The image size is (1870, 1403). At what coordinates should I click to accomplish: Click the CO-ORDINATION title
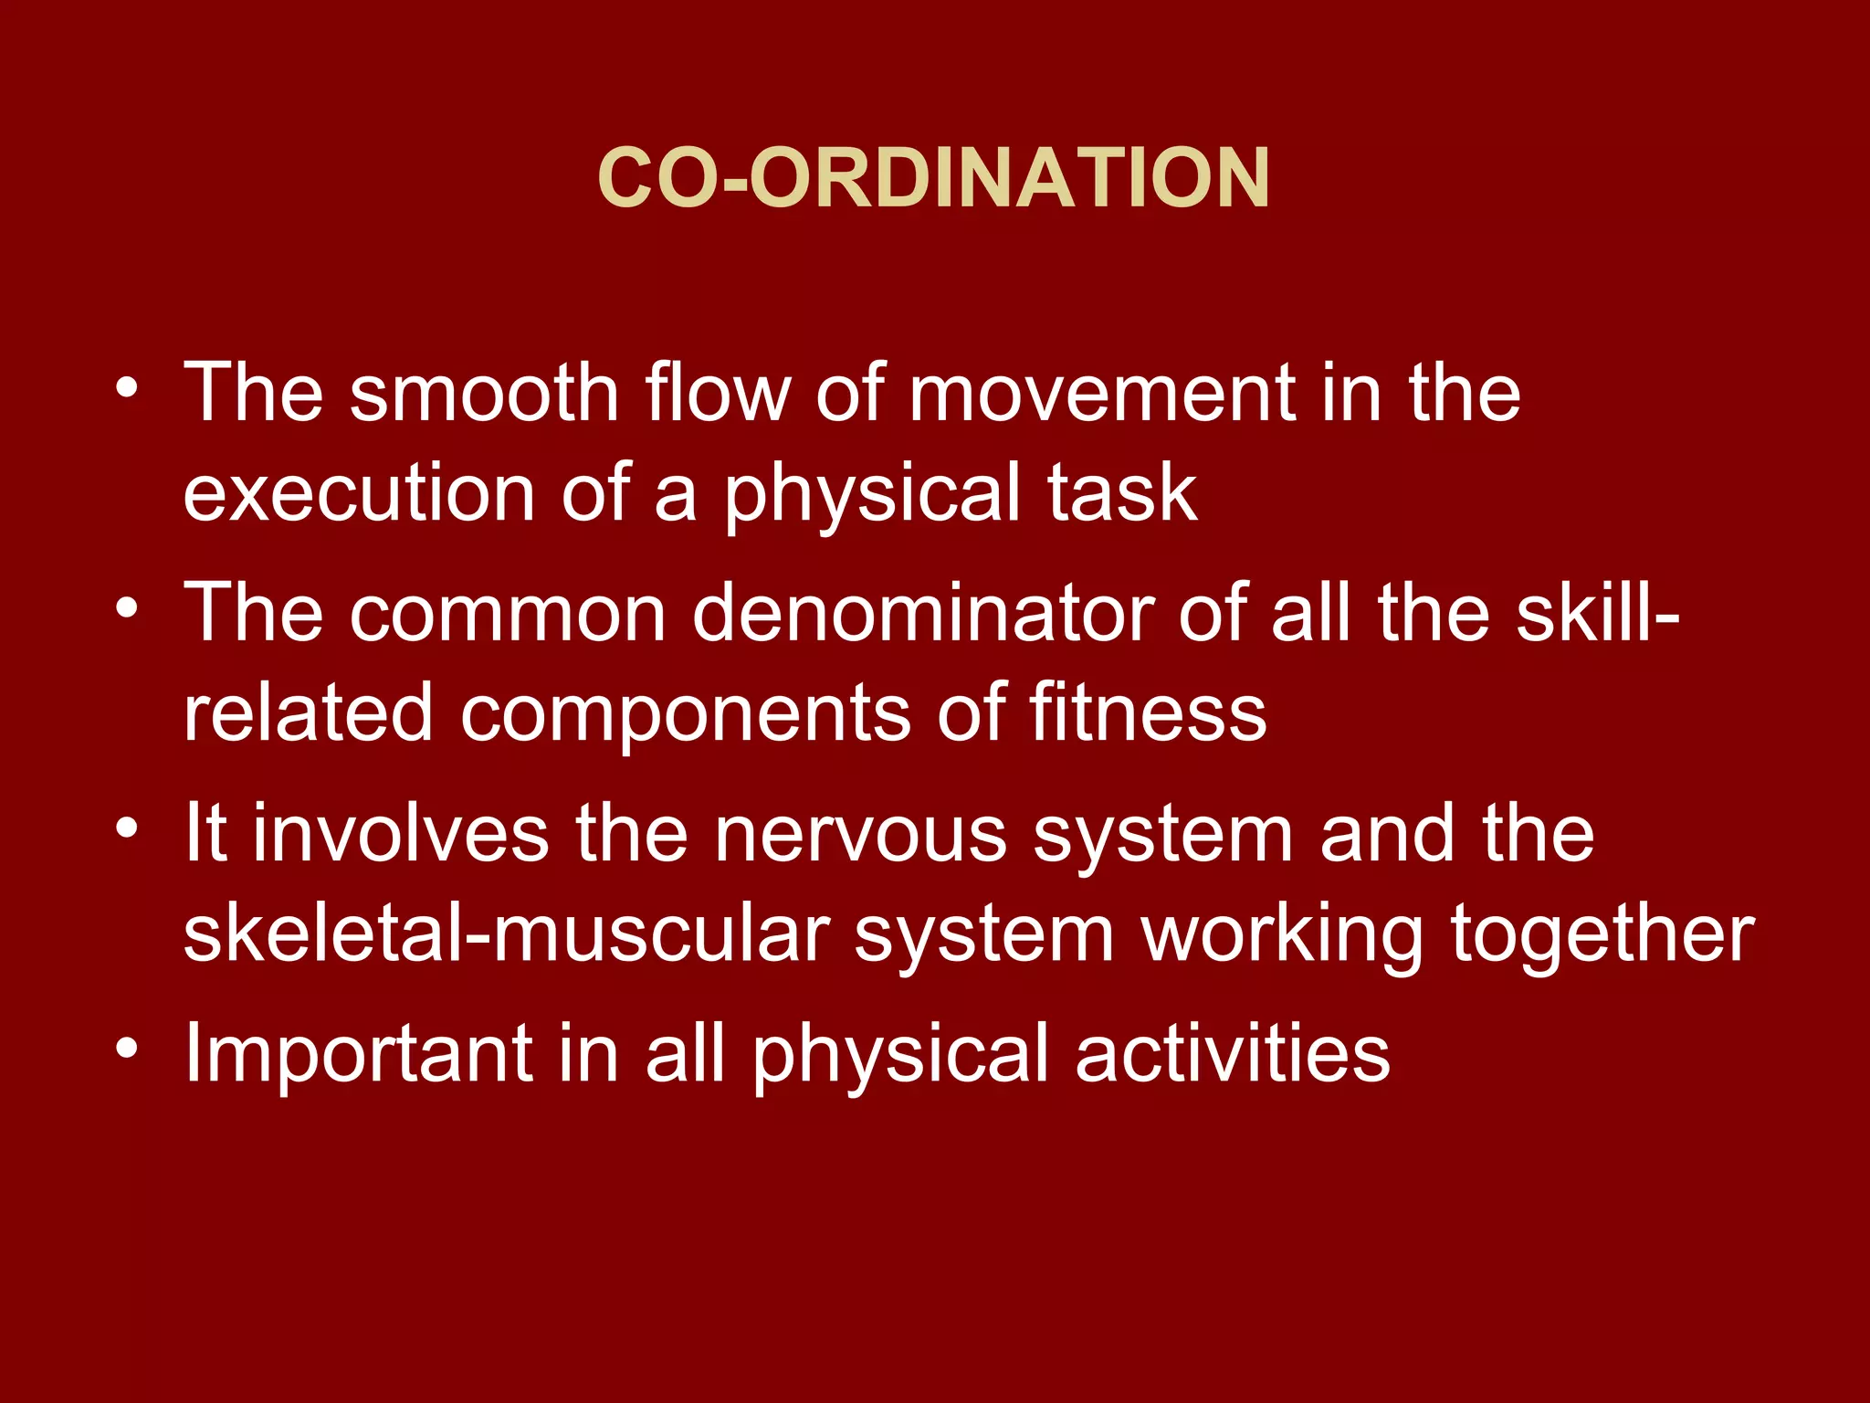[x=933, y=178]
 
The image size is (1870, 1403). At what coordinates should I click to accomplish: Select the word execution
[x=359, y=493]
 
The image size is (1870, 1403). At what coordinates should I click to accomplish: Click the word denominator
[x=922, y=613]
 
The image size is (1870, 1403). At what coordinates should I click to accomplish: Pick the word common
[x=508, y=613]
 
